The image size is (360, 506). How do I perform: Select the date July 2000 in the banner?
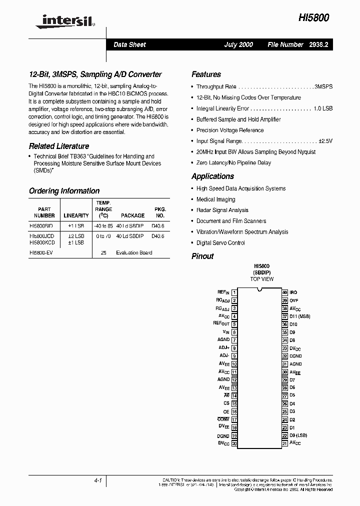point(238,44)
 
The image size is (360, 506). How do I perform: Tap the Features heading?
point(206,74)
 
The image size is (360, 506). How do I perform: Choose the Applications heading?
point(212,176)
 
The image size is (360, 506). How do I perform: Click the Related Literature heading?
point(59,146)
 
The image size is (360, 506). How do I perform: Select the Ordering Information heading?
point(64,191)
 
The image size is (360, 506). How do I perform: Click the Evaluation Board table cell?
point(134,253)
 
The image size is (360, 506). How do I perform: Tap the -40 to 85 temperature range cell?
point(103,226)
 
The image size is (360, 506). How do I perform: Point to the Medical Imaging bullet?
point(215,199)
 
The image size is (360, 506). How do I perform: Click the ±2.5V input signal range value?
point(325,141)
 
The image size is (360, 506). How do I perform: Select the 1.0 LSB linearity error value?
point(323,108)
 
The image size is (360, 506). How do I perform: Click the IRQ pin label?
point(293,292)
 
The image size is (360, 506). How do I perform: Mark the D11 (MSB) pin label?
point(300,316)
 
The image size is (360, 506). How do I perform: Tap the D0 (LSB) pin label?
point(298,435)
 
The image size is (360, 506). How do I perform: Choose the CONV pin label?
point(223,419)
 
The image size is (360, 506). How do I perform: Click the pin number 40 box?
point(284,292)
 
